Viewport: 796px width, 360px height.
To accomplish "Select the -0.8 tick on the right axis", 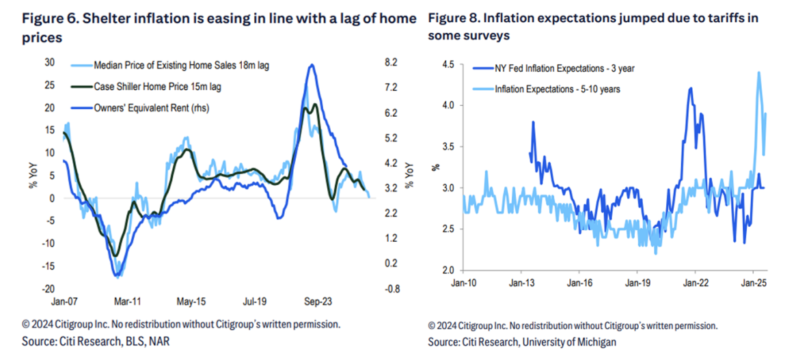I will point(392,289).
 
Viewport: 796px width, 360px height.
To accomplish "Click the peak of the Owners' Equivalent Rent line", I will point(312,65).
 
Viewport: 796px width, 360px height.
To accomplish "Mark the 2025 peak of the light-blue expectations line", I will point(759,72).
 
